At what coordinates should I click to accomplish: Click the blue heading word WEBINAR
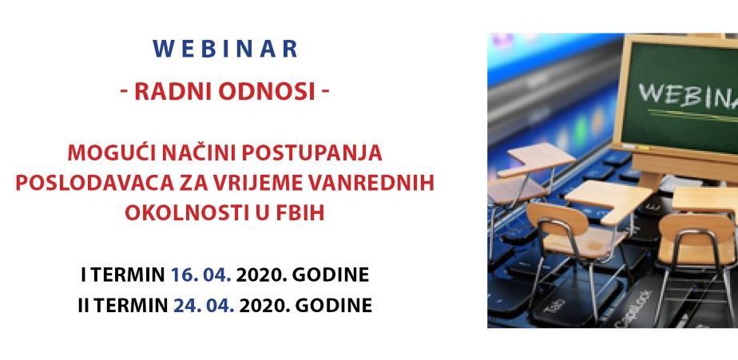(x=224, y=49)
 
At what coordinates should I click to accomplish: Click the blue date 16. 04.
(x=201, y=275)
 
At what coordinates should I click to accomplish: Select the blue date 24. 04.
(x=204, y=306)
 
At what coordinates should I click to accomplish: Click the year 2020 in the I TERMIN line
(x=263, y=275)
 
